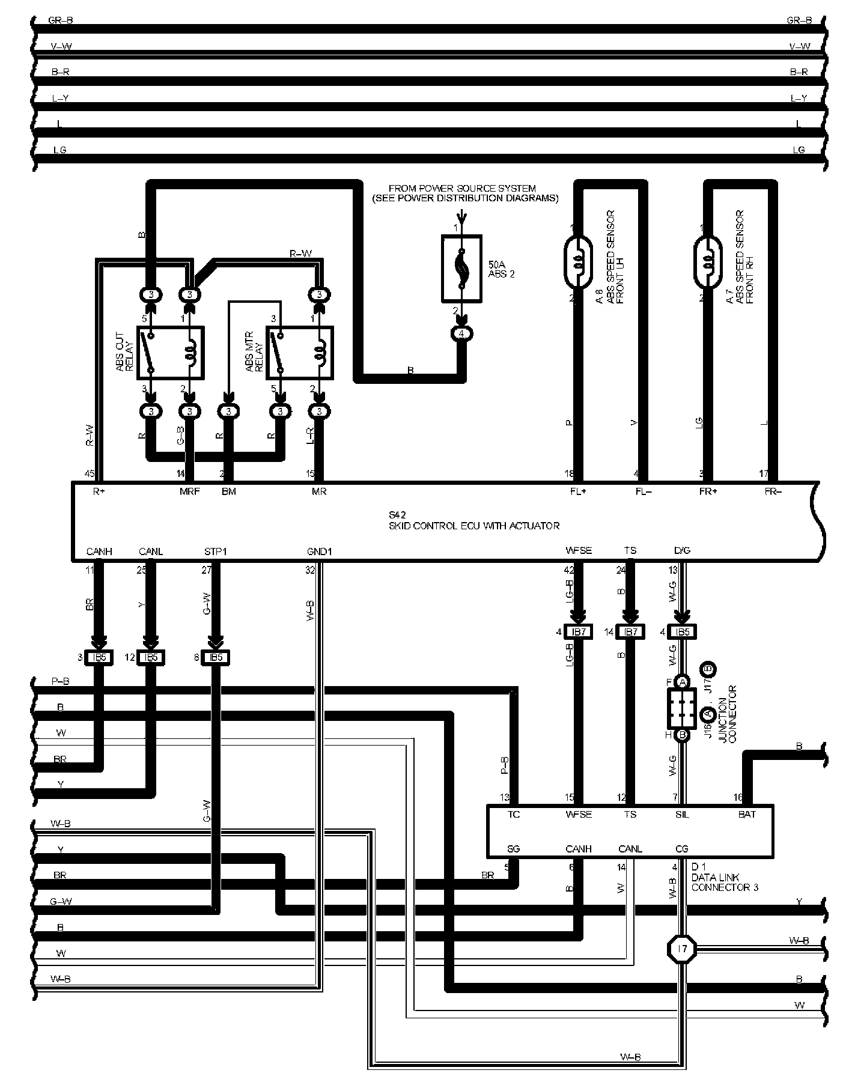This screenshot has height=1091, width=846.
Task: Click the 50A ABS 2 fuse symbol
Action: coord(461,269)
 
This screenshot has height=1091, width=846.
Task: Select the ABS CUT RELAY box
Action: coord(171,353)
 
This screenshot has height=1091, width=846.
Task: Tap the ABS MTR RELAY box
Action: coord(299,353)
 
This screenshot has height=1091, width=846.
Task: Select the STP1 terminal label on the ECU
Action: coord(215,551)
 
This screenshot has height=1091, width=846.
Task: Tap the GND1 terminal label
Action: coord(319,551)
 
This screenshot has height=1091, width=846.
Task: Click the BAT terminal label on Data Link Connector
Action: coord(747,814)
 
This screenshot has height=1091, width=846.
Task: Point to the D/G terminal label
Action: coord(683,551)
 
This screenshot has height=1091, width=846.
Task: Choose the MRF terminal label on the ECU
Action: coord(189,491)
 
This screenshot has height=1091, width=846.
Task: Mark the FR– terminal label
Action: coord(773,491)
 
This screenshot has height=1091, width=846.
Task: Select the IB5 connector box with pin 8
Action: coord(215,657)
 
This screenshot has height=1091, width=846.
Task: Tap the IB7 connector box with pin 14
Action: coord(630,632)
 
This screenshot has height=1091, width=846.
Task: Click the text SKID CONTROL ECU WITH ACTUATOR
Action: coord(474,526)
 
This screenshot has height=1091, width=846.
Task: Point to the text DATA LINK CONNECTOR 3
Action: coord(724,882)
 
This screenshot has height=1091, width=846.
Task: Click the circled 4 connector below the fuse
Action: coord(461,333)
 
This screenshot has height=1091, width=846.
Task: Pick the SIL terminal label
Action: coord(682,814)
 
